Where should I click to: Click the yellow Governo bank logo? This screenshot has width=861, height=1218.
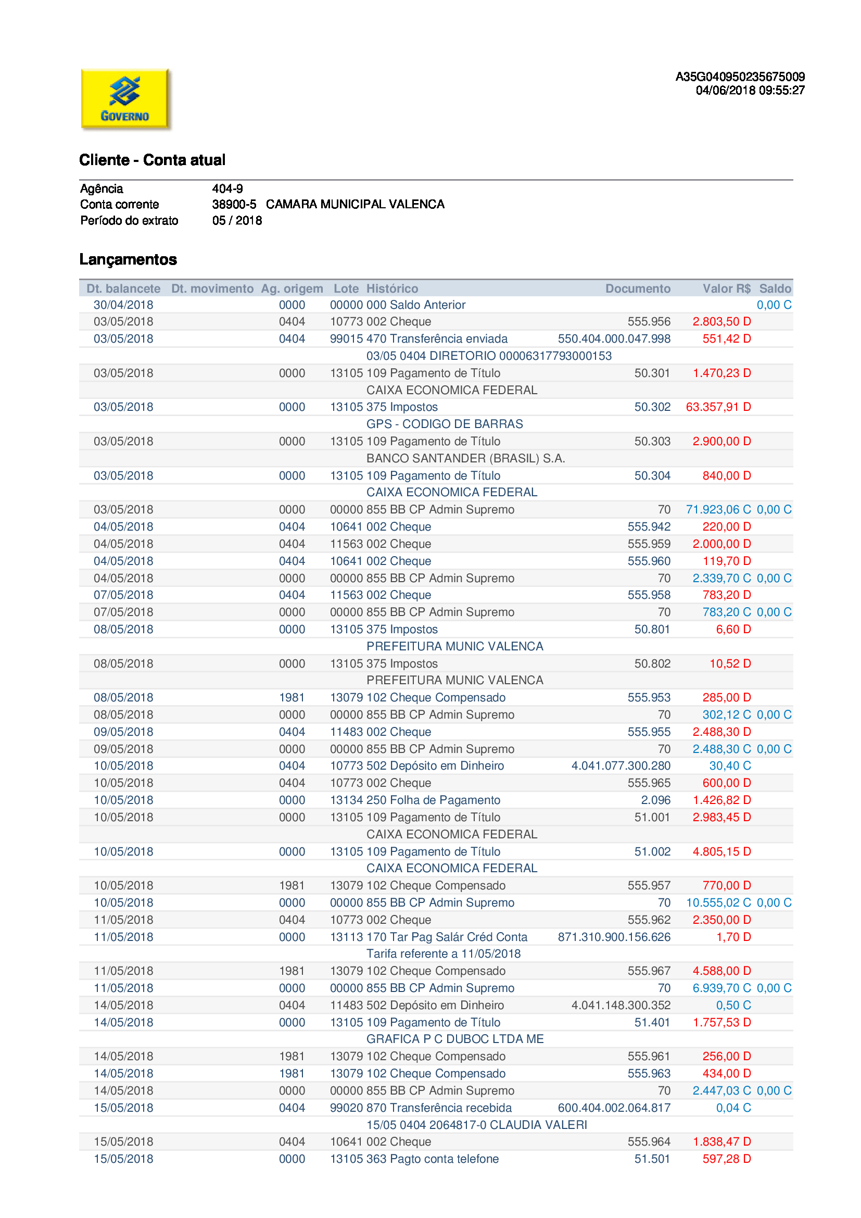click(125, 99)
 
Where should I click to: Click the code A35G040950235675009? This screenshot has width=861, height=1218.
click(740, 77)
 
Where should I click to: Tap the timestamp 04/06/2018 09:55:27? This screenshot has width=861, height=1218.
click(750, 91)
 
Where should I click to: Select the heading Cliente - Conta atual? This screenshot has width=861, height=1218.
click(152, 160)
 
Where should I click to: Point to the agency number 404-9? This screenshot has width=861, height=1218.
click(227, 189)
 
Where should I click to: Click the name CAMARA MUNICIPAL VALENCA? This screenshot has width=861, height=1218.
click(355, 205)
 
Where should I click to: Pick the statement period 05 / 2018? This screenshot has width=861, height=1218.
click(237, 221)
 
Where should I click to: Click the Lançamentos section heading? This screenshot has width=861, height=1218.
click(128, 259)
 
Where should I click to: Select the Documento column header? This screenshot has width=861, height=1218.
click(638, 288)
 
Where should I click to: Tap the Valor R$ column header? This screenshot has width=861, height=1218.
click(726, 288)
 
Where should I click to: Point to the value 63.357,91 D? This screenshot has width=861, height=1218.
click(718, 407)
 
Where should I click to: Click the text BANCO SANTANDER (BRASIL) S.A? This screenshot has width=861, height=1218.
click(465, 458)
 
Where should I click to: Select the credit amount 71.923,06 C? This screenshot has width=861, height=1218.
click(718, 510)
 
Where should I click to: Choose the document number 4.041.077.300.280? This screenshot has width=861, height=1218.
click(621, 766)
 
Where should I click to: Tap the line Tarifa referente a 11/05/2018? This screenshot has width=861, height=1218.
click(443, 954)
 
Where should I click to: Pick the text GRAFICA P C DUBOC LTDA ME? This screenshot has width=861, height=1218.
click(455, 1039)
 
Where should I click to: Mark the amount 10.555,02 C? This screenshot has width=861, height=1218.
click(718, 903)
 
